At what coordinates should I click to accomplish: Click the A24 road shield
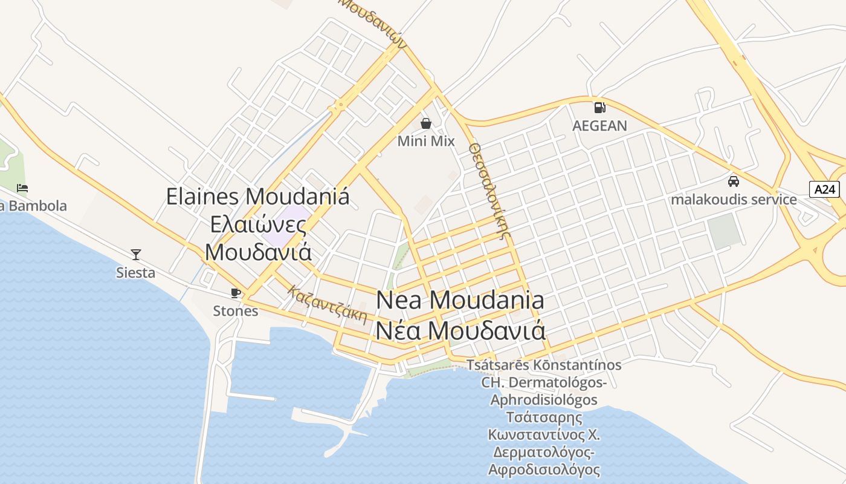tap(824, 189)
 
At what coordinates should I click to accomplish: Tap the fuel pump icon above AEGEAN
tap(599, 108)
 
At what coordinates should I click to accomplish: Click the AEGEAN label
tap(599, 126)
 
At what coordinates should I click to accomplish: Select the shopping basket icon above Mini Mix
tap(426, 123)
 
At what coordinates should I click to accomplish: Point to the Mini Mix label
tap(426, 141)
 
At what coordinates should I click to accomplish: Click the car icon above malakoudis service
tap(734, 181)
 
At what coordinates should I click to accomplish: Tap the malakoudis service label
tap(734, 199)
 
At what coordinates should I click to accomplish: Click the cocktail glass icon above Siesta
tap(136, 255)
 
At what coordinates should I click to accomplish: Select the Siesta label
tap(136, 273)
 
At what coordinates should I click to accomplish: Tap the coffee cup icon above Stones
tap(236, 293)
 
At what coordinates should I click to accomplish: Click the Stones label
tap(236, 311)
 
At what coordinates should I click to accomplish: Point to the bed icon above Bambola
tap(22, 188)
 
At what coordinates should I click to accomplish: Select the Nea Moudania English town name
tap(460, 300)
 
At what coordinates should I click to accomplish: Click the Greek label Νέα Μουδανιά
tap(460, 331)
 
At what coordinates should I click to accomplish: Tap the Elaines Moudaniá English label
tap(258, 197)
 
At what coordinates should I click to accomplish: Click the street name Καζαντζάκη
tap(328, 304)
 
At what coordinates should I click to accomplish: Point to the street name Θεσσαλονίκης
tap(490, 191)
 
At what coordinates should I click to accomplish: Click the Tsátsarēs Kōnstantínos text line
tap(544, 365)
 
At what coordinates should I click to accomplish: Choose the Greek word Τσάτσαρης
tap(544, 417)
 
